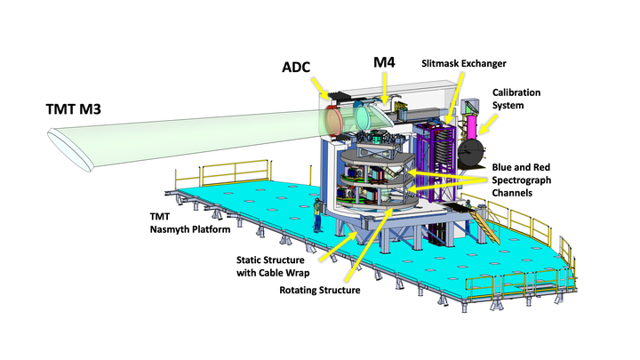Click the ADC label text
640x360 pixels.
pyautogui.click(x=299, y=68)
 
